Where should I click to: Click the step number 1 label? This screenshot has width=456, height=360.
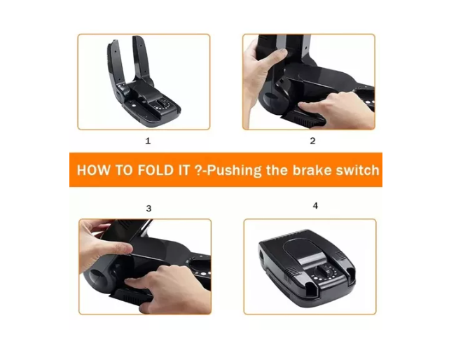click(148, 141)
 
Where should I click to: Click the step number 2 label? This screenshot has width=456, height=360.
click(312, 141)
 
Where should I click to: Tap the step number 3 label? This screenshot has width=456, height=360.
click(148, 209)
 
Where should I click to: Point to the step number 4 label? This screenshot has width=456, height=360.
click(315, 206)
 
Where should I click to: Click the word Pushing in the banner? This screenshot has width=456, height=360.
click(234, 171)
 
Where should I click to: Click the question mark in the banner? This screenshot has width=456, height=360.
click(197, 170)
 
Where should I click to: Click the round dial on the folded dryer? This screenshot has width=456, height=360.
click(324, 271)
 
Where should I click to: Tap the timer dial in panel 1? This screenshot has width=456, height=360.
click(159, 104)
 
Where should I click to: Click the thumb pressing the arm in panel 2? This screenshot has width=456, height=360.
click(277, 56)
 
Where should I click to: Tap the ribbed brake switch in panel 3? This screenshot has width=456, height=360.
click(132, 296)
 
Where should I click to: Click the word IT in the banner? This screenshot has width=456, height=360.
click(184, 170)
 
